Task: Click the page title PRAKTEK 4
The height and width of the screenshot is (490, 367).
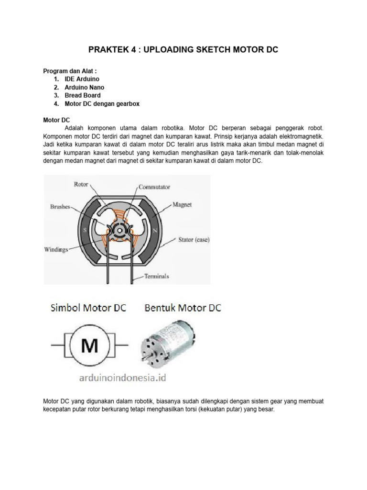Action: pos(184,50)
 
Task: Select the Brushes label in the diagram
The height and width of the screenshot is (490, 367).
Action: pos(59,207)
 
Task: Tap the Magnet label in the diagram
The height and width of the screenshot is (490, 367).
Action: pos(182,205)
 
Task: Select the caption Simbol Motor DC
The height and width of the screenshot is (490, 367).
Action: pos(88,308)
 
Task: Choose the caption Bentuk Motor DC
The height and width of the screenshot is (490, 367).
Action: pos(183,308)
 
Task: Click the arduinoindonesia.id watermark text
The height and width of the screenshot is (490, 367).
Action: pos(122,378)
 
